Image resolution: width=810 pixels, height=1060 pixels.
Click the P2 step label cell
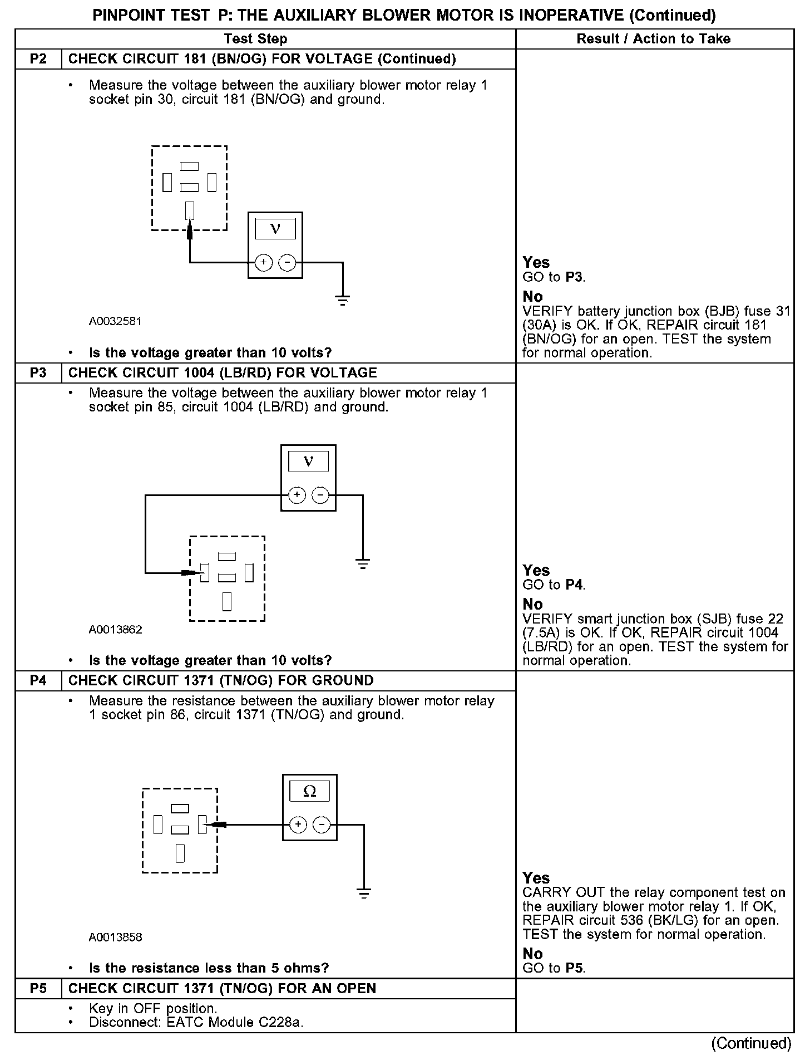[x=38, y=59]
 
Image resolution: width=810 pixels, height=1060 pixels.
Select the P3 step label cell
[x=38, y=373]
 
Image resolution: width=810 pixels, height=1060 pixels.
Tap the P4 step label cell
[x=38, y=681]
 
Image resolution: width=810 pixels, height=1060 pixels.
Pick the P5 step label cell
[x=38, y=989]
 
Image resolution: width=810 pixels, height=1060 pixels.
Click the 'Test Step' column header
[x=255, y=39]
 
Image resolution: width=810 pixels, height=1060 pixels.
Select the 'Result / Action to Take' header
[x=653, y=39]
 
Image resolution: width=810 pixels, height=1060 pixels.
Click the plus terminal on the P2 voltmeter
[x=263, y=262]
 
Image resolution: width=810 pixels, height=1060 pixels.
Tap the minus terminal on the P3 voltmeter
[x=320, y=495]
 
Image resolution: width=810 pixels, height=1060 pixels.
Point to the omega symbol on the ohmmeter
[x=309, y=791]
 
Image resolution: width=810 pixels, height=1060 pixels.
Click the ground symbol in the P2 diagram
[x=343, y=301]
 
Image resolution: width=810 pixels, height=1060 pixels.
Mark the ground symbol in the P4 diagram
[x=364, y=894]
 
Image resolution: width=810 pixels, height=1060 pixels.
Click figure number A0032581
[x=115, y=321]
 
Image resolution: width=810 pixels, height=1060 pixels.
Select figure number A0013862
[x=115, y=630]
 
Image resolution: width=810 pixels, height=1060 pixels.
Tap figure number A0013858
[x=115, y=938]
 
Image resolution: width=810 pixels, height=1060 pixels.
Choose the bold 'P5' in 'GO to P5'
[x=574, y=968]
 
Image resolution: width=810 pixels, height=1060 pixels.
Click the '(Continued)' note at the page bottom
[x=751, y=1043]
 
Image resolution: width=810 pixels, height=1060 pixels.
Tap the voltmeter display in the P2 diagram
[x=275, y=229]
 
